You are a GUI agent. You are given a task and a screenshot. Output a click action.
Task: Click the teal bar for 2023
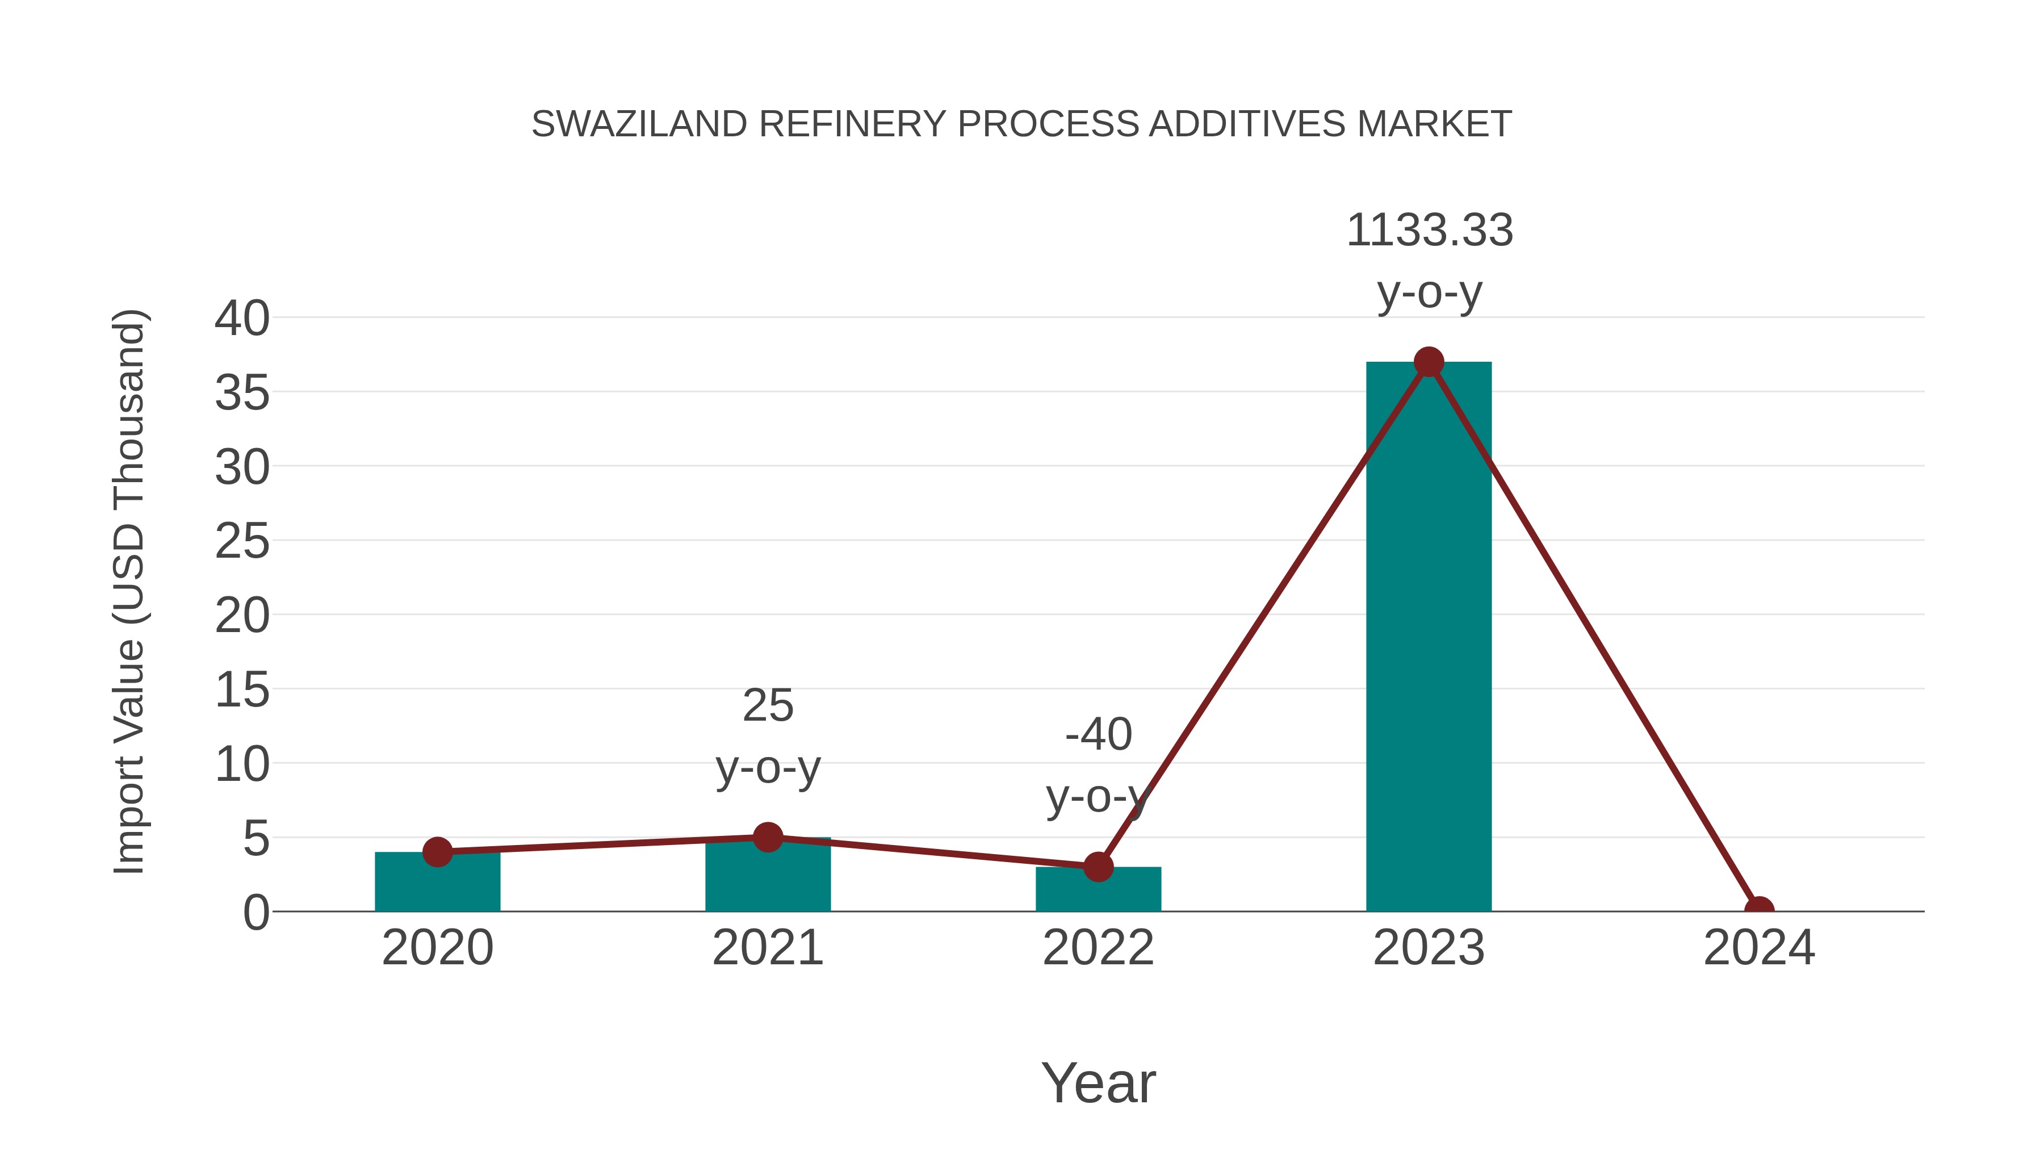(1429, 635)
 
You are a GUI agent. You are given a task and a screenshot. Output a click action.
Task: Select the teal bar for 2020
(437, 882)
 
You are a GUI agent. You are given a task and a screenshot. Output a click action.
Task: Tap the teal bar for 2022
(1098, 890)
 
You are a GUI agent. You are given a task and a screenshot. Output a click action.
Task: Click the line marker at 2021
(767, 837)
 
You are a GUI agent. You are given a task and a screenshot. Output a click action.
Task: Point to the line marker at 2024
(1759, 910)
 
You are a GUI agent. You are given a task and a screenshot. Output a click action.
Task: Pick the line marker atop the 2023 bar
(1429, 362)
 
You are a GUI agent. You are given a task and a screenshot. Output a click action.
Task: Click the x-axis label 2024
(1758, 948)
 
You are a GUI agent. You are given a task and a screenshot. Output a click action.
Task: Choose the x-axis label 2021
(767, 948)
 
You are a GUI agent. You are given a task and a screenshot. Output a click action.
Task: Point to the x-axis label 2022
(1098, 948)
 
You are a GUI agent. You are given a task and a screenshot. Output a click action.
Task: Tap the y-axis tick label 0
(256, 913)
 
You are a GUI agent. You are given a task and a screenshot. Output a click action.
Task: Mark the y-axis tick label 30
(242, 467)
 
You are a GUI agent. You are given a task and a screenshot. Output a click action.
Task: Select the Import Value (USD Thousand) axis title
(128, 591)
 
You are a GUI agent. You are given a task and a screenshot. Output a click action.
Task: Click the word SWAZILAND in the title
(639, 124)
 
